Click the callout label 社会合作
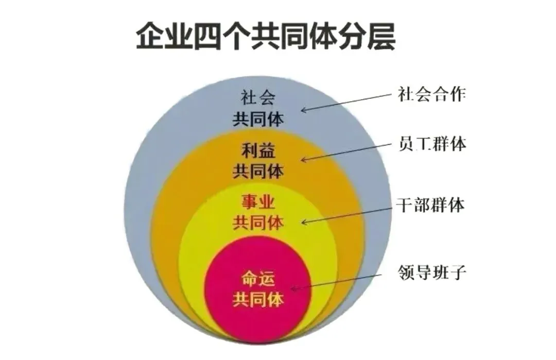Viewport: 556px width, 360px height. point(432,94)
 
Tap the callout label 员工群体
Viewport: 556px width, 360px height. point(432,144)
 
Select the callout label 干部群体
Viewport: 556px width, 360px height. point(432,206)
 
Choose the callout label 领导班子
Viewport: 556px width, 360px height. point(432,271)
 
